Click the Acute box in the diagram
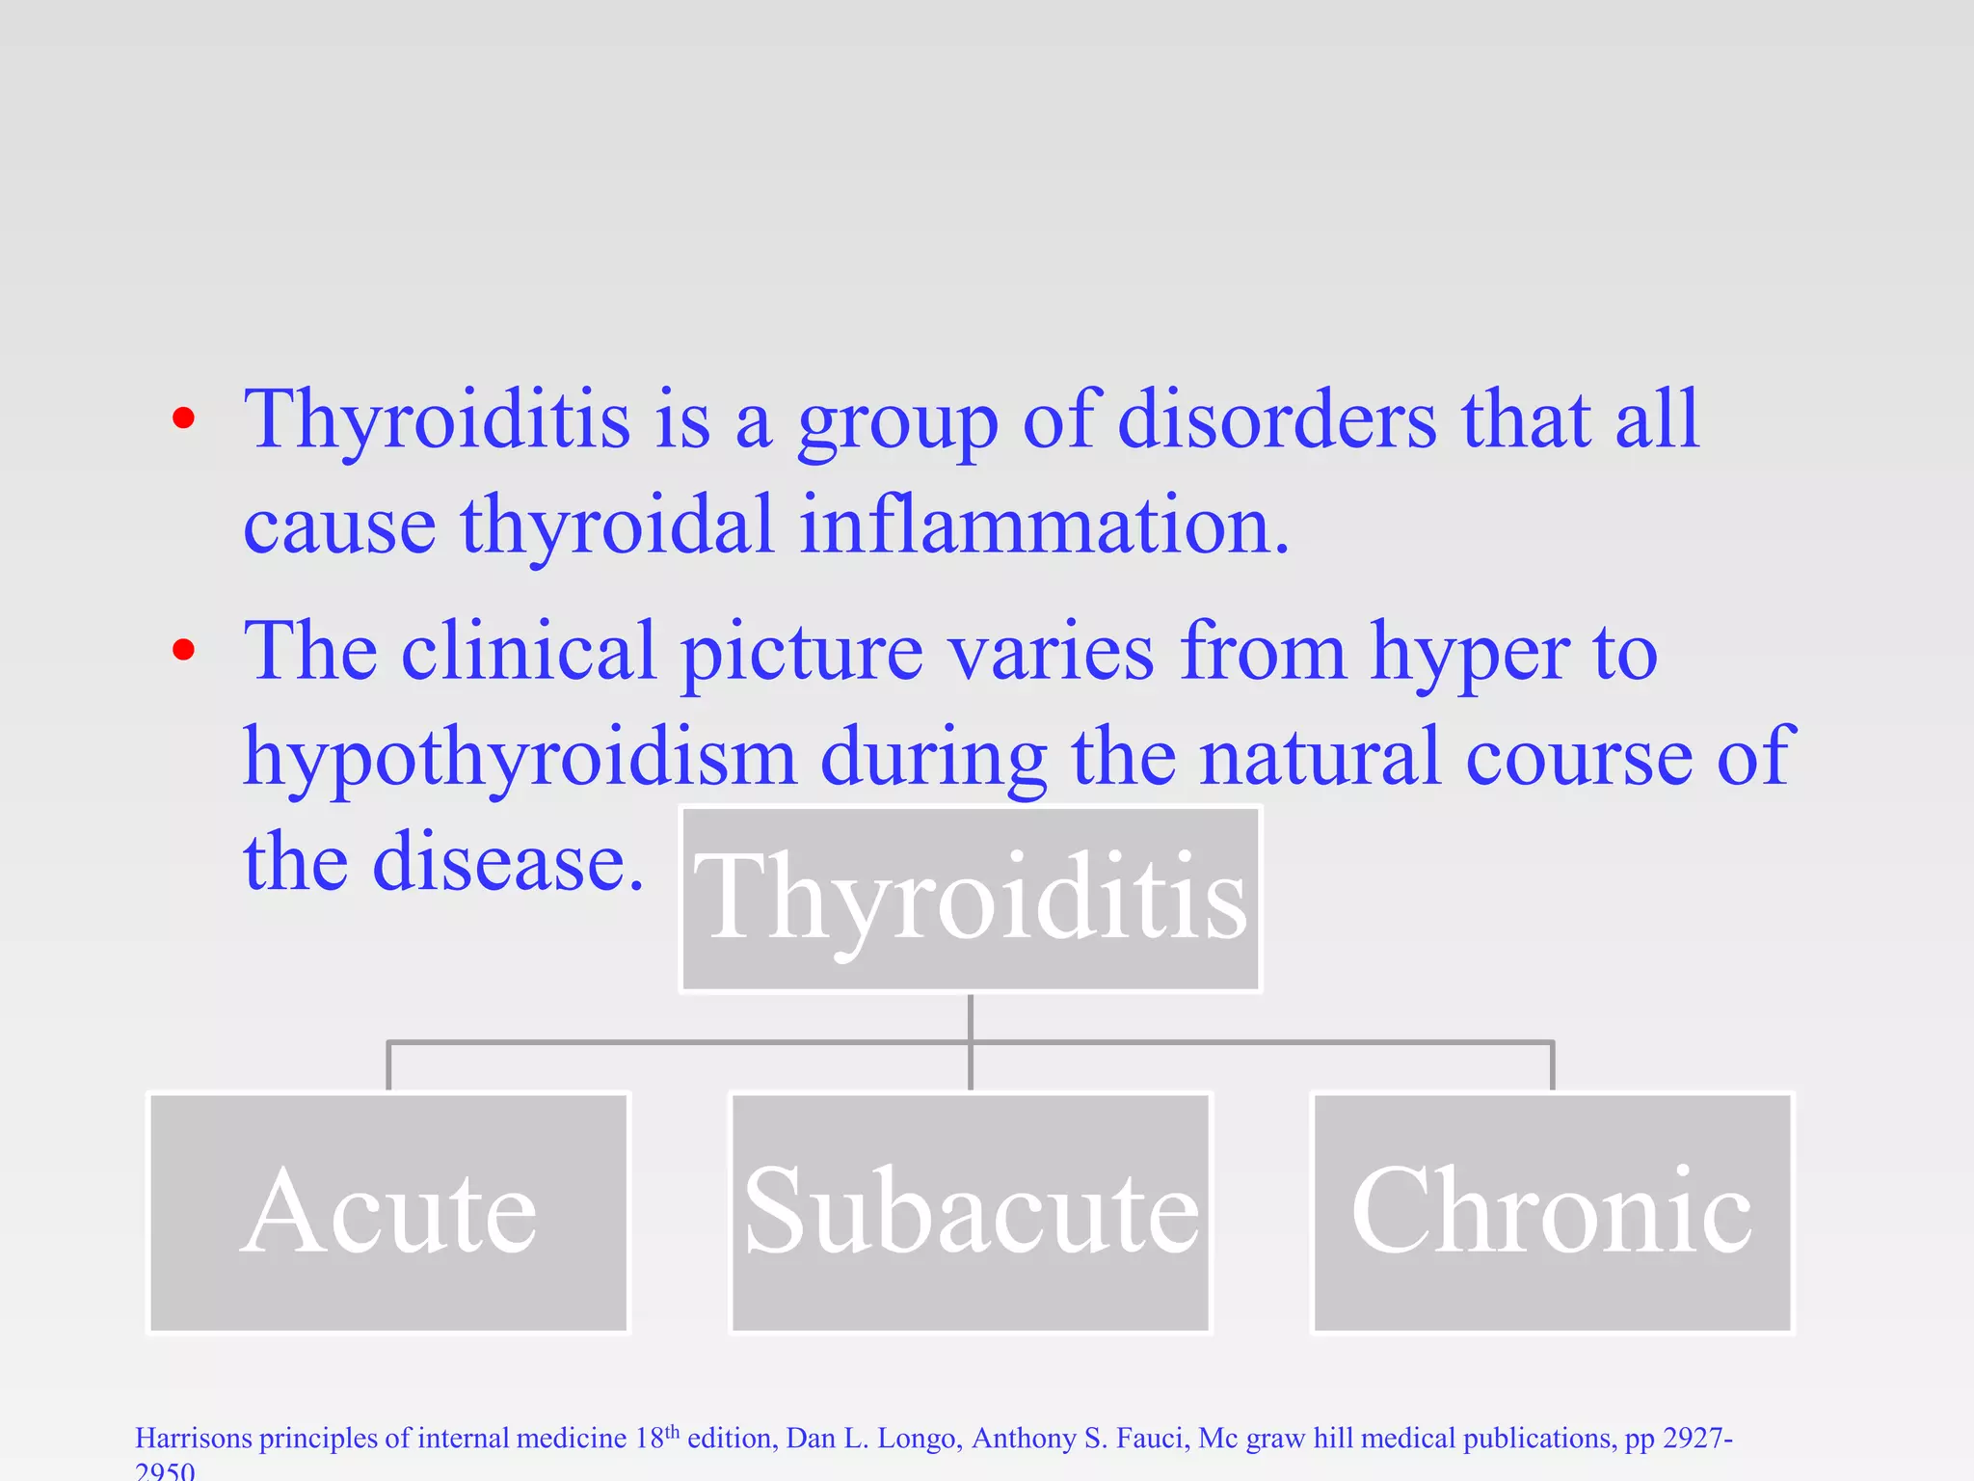pos(388,1212)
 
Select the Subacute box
pos(971,1212)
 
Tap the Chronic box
pos(1552,1212)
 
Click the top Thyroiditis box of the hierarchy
pos(971,899)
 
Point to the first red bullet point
pos(183,418)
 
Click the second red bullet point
pos(183,650)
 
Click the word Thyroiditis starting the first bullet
pos(437,420)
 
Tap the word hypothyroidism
pos(519,757)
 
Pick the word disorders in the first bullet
pos(1276,420)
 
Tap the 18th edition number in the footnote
pos(656,1438)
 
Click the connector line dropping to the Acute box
pos(388,1066)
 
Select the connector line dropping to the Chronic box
pos(1552,1066)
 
